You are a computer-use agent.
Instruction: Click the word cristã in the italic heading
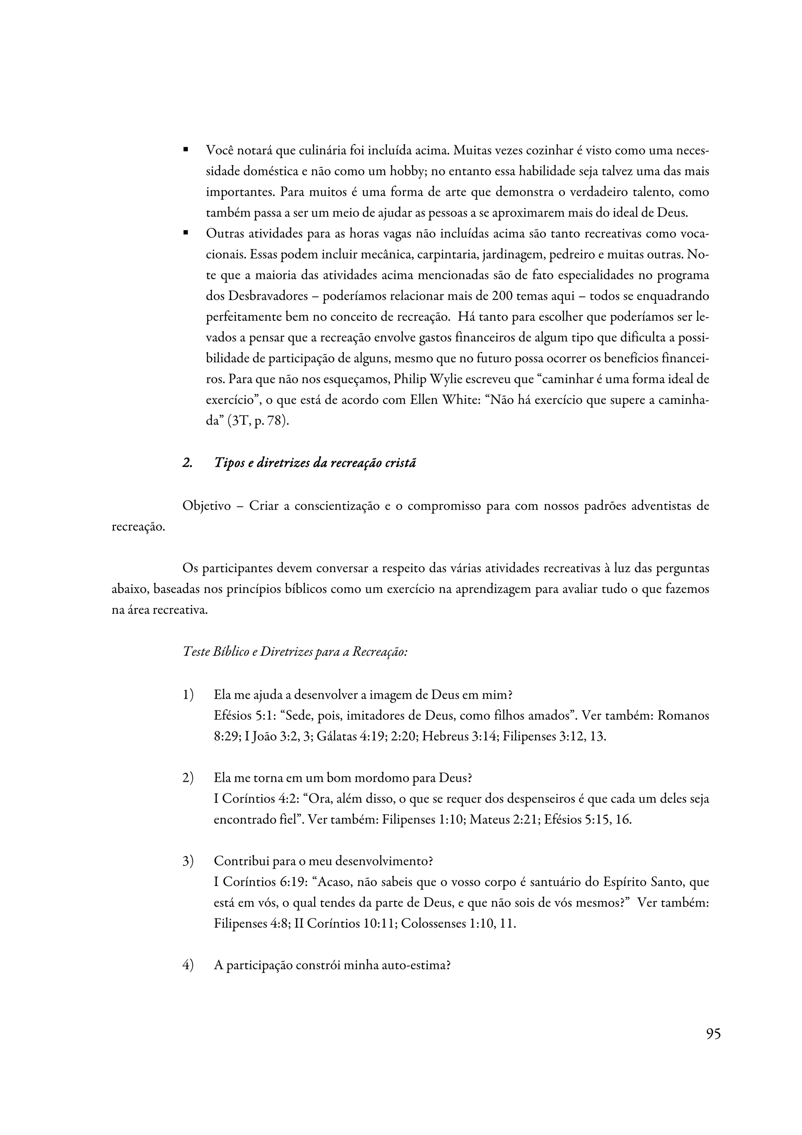coord(398,463)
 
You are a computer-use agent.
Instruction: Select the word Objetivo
coord(206,506)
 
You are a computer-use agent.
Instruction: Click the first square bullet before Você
coord(186,149)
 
